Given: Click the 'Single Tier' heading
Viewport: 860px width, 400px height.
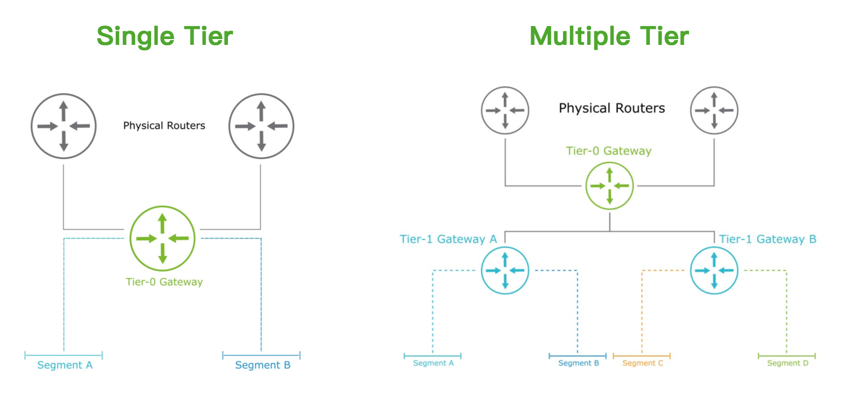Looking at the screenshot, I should [x=165, y=37].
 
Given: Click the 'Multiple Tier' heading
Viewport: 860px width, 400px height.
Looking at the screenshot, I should [x=609, y=37].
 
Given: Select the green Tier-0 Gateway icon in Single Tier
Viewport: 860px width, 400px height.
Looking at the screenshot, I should [x=162, y=238].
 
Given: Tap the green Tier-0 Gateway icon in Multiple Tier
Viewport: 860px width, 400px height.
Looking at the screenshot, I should [x=609, y=186].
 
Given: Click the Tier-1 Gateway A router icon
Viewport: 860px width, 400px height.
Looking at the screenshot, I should [x=505, y=270].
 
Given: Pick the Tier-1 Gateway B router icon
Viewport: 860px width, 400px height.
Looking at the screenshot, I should [x=714, y=270].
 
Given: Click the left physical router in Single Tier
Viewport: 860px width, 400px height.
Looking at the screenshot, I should [x=64, y=126].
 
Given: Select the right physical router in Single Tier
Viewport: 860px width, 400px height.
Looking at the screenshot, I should [x=261, y=126].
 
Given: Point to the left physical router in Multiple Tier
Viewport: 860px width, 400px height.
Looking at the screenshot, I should [x=505, y=110].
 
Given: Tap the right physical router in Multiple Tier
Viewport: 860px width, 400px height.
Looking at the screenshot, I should [x=714, y=110].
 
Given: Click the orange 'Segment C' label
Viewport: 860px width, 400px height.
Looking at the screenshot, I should [x=642, y=363].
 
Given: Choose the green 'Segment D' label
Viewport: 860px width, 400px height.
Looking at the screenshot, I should [x=787, y=363].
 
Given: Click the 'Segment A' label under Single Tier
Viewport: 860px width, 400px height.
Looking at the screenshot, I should [x=65, y=365].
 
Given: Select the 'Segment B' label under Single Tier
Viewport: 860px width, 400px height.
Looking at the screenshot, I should [x=263, y=365].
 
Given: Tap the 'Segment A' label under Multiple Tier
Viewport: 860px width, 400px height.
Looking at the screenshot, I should [x=433, y=363].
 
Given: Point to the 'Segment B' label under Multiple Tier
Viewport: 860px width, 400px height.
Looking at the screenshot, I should [x=578, y=363].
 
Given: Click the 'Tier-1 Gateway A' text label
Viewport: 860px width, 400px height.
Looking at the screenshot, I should [x=448, y=239].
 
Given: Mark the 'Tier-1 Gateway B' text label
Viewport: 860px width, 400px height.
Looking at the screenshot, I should [x=767, y=239].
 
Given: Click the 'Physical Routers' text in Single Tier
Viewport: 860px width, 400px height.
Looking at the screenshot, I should [x=164, y=126].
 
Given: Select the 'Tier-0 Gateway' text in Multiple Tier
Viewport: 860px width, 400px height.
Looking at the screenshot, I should [x=608, y=151].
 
